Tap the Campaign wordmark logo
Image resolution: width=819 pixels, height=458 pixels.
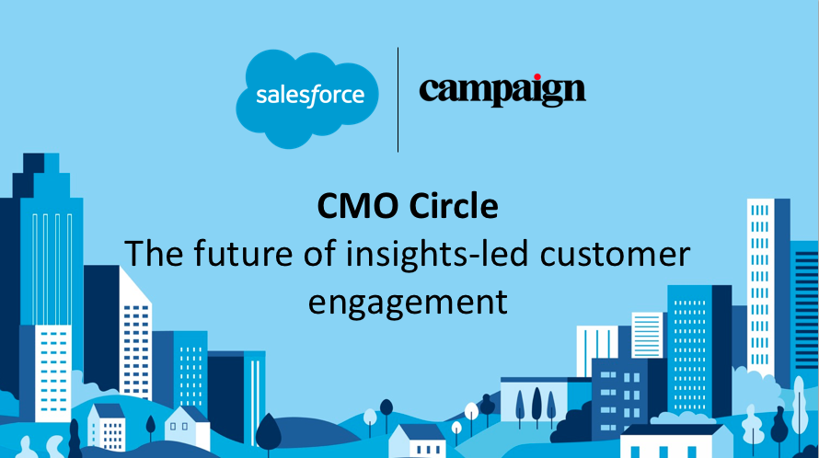click(x=502, y=91)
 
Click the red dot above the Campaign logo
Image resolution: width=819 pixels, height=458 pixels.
click(x=536, y=78)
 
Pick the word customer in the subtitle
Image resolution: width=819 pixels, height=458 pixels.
click(x=614, y=254)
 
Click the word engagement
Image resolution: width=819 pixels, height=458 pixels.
click(x=409, y=301)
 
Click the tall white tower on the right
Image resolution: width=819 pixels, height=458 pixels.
click(x=760, y=276)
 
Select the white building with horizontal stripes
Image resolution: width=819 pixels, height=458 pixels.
click(x=647, y=335)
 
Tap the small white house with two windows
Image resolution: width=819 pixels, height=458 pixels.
click(x=187, y=429)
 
